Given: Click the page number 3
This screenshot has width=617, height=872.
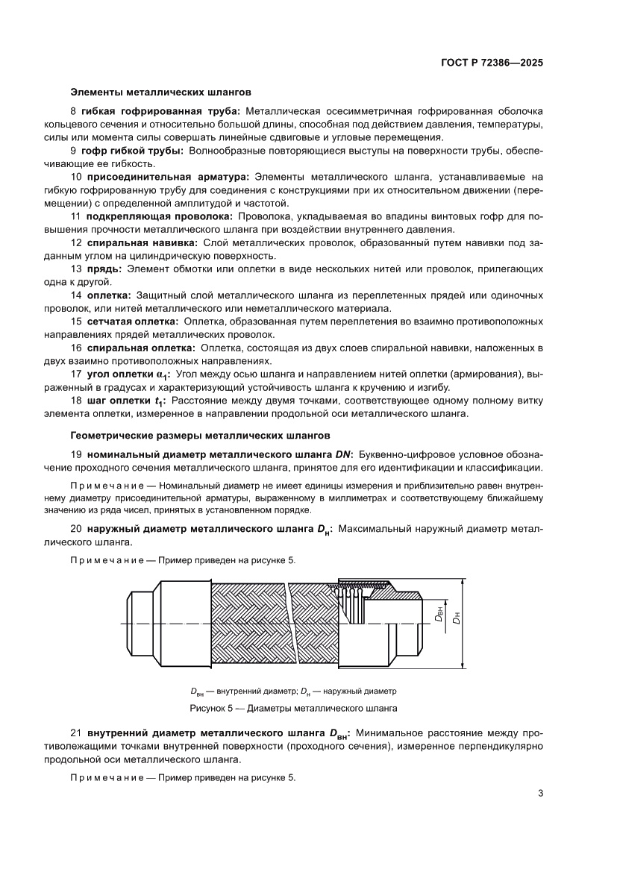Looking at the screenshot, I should click(x=539, y=793).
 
